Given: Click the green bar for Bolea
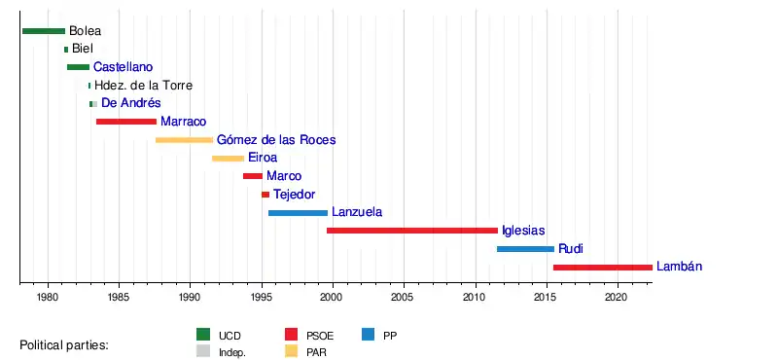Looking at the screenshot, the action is click(44, 31).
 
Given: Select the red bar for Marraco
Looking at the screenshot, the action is click(126, 122).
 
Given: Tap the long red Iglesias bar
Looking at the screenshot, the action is click(411, 231).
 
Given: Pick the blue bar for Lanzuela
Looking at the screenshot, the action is click(298, 213).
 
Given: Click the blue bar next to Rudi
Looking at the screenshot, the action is click(525, 249).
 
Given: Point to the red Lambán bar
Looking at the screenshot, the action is click(603, 268).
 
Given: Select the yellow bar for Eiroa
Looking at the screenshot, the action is click(229, 159).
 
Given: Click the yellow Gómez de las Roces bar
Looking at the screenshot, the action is click(184, 140).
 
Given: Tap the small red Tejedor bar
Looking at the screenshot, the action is click(265, 195).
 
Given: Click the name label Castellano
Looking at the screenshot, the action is click(124, 67).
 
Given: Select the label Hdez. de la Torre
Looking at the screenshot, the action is click(143, 86).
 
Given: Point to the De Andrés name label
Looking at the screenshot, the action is click(131, 103).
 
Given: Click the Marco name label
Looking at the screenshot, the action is click(284, 176).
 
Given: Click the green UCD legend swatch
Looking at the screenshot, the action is click(204, 335).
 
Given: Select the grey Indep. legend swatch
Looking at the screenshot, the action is click(204, 351).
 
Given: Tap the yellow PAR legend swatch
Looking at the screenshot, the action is click(292, 351).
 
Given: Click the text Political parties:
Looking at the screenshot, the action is click(64, 345).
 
